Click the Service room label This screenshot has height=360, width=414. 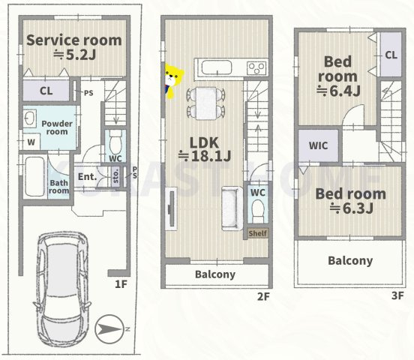pos(74,40)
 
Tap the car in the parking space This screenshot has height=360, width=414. pos(62,289)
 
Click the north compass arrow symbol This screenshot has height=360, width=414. pos(109,329)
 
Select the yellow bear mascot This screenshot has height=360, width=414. pos(173,81)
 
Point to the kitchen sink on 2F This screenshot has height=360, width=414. pos(217,68)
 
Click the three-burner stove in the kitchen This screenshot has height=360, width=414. pos(256,68)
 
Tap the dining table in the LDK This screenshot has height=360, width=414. pos(206,103)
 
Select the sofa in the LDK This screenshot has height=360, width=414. pos(232,208)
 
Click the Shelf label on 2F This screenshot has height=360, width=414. pos(258,233)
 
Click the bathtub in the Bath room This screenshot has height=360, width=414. pos(34,176)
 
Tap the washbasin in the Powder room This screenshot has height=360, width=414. pos(29,118)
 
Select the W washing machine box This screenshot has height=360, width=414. pos(31,142)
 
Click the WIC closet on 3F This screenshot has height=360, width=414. pos(318,145)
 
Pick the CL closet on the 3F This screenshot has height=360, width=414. pos(391,55)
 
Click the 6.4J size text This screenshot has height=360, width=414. pos(339,91)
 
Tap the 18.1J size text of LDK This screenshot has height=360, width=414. pos(205,156)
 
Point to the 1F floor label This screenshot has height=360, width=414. pos(121,284)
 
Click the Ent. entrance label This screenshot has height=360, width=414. pos(88,177)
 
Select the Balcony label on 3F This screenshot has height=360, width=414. pos(350,261)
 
